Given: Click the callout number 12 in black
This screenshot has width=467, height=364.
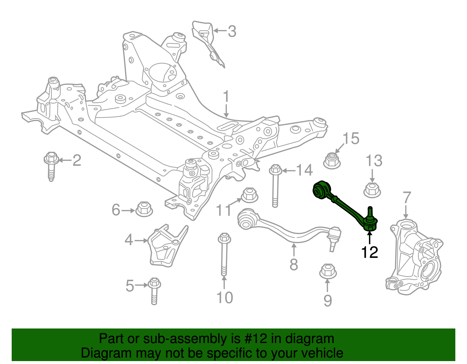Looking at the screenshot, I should tap(370, 252).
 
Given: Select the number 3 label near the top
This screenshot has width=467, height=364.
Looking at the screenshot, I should tap(232, 31).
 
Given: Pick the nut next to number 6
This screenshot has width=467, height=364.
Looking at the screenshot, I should tap(144, 209).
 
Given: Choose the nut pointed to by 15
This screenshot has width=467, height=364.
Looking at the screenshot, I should tap(332, 161).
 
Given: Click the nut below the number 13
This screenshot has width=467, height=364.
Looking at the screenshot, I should tap(372, 190).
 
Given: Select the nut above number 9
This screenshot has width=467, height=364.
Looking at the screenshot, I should tap(328, 271).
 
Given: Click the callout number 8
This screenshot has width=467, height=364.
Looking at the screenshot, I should tap(294, 265).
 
